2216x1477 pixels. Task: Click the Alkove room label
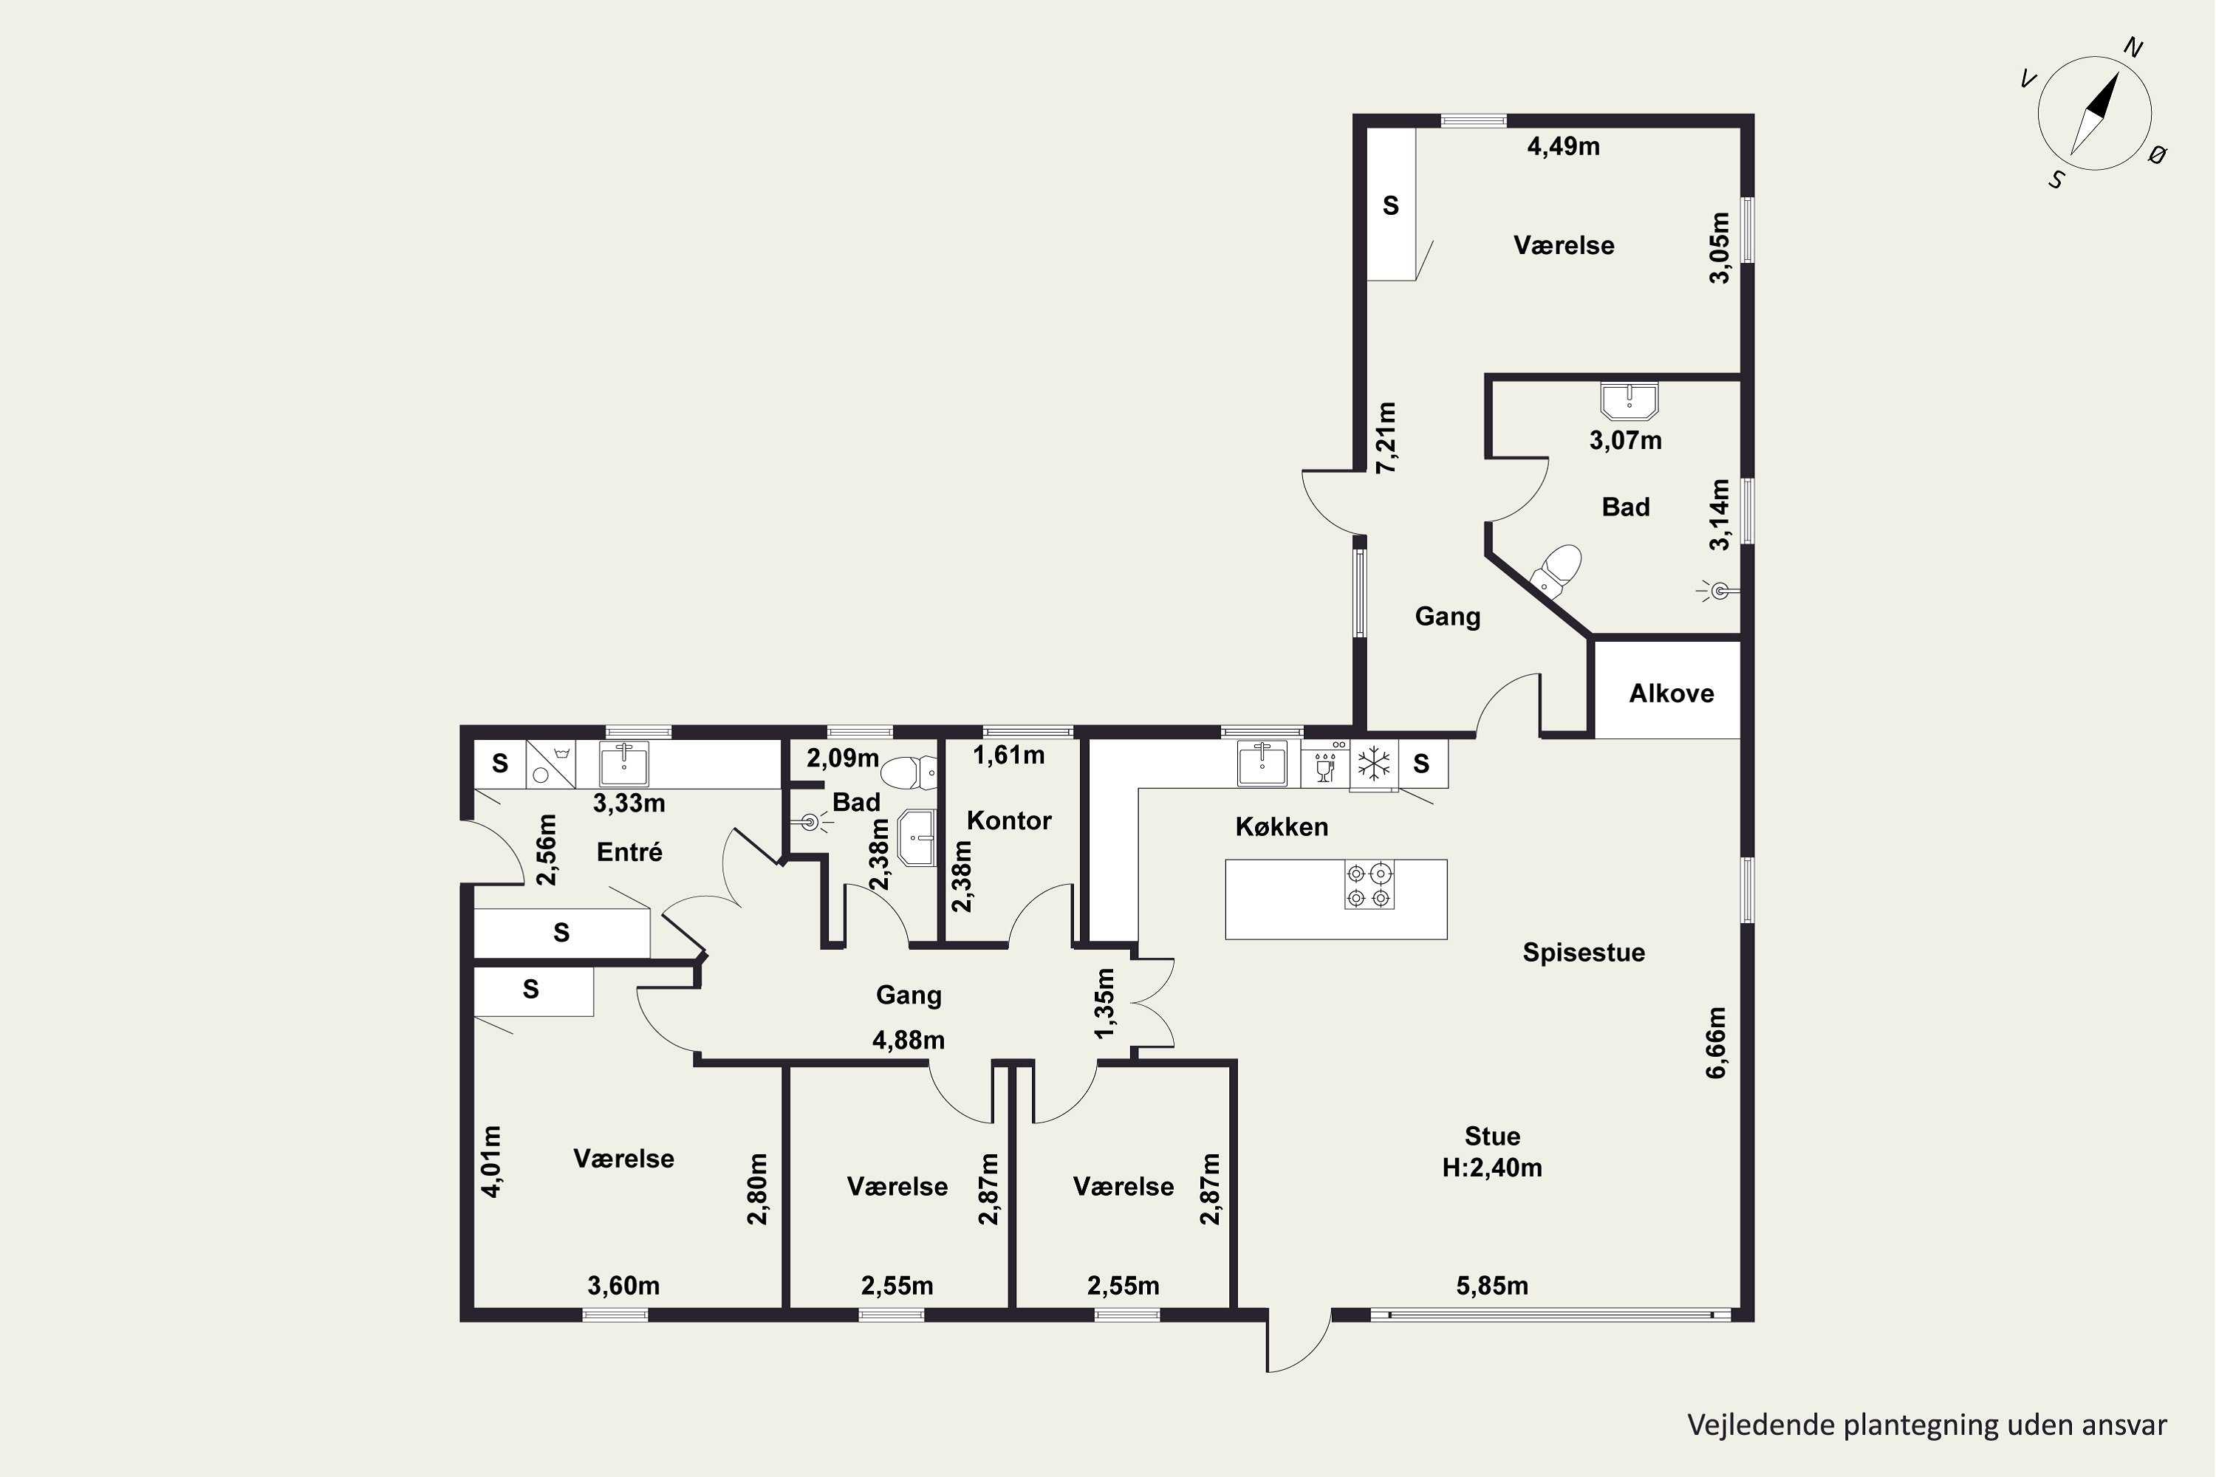pos(1672,693)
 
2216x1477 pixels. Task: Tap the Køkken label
pos(1282,826)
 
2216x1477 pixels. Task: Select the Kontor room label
pos(1009,820)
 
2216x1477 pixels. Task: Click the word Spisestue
pos(1584,953)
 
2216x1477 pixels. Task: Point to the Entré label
pos(629,851)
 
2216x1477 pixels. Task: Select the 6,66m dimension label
pos(1716,1043)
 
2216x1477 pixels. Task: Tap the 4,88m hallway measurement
pos(909,1040)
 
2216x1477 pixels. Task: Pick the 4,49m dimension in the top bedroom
pos(1563,146)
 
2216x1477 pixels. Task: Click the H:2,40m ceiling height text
pos(1492,1168)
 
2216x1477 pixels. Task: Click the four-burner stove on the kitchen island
pos(1369,885)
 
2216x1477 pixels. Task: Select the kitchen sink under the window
pos(1262,762)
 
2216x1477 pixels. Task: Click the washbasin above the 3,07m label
pos(1629,400)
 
